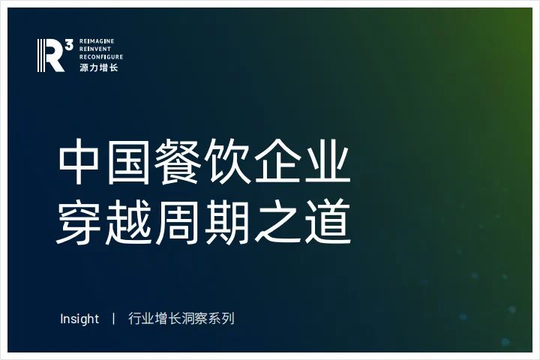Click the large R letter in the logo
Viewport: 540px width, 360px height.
51,55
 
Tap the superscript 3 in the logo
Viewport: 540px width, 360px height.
69,44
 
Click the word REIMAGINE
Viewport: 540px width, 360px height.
97,41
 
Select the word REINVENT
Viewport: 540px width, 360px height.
95,49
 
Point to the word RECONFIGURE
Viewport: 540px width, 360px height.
101,57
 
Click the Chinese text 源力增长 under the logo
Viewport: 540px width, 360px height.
99,67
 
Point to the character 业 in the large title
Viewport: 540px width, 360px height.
326,161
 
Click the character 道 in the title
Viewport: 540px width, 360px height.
327,221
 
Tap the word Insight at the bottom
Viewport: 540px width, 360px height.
79,319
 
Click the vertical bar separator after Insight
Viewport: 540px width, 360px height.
113,318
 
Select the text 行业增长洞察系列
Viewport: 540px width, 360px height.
181,318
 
